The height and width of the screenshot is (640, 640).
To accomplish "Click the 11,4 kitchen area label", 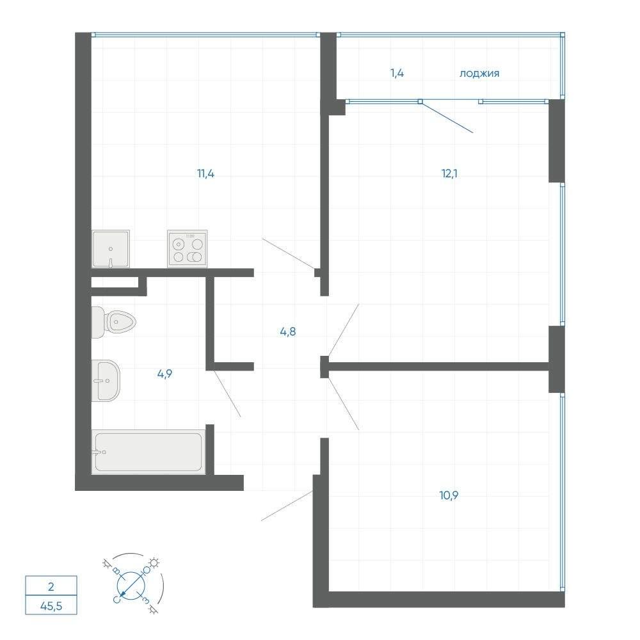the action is click(205, 174).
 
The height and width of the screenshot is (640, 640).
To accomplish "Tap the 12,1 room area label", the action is click(449, 174).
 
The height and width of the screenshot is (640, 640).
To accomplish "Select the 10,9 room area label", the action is click(449, 495).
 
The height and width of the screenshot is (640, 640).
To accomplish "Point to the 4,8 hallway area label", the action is click(288, 332).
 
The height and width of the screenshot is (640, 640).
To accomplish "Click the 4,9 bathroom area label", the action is click(164, 374).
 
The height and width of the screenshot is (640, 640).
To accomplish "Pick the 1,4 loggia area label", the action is click(397, 74).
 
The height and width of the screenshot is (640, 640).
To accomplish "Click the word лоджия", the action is click(479, 74).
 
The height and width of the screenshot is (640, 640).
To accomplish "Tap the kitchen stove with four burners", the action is click(188, 248).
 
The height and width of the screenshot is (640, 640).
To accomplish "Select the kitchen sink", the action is click(111, 249).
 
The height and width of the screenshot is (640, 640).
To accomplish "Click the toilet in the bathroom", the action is click(113, 322).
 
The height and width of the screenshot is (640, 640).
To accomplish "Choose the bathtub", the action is click(148, 452).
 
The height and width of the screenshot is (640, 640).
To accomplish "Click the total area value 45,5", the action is click(51, 606).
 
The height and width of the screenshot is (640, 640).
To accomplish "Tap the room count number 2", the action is click(51, 587).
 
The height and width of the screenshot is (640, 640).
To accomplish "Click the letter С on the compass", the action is click(116, 600).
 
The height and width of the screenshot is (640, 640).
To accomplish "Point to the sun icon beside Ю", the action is click(154, 563).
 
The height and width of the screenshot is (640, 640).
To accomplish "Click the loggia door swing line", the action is click(447, 117).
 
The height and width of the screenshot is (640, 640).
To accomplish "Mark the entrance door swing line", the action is click(287, 506).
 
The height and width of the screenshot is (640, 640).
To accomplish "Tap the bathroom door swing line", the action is click(227, 393).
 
